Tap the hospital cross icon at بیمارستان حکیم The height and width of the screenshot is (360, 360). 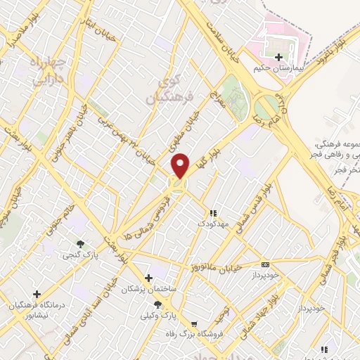tap(279, 57)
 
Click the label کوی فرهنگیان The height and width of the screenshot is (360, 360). tap(167, 90)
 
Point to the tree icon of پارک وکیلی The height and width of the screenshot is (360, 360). tap(158, 305)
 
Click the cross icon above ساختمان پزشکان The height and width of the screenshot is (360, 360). tap(148, 278)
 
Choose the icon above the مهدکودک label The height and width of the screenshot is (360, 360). tap(213, 212)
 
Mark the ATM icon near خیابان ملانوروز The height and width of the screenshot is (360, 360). tap(264, 264)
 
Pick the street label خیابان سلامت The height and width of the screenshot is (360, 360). tap(222, 44)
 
